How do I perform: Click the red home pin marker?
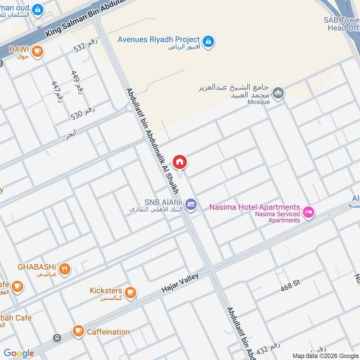[x=180, y=162]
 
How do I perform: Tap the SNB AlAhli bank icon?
[x=191, y=204]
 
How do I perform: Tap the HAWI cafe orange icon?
[x=37, y=51]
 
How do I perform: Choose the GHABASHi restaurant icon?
[x=65, y=269]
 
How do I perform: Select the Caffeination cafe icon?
[x=78, y=332]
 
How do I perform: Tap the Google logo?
[x=19, y=353]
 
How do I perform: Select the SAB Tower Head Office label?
[x=342, y=24]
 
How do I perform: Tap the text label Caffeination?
[x=108, y=332]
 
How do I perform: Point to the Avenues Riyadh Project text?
[x=158, y=39]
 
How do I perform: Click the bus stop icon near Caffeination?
[x=57, y=337]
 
